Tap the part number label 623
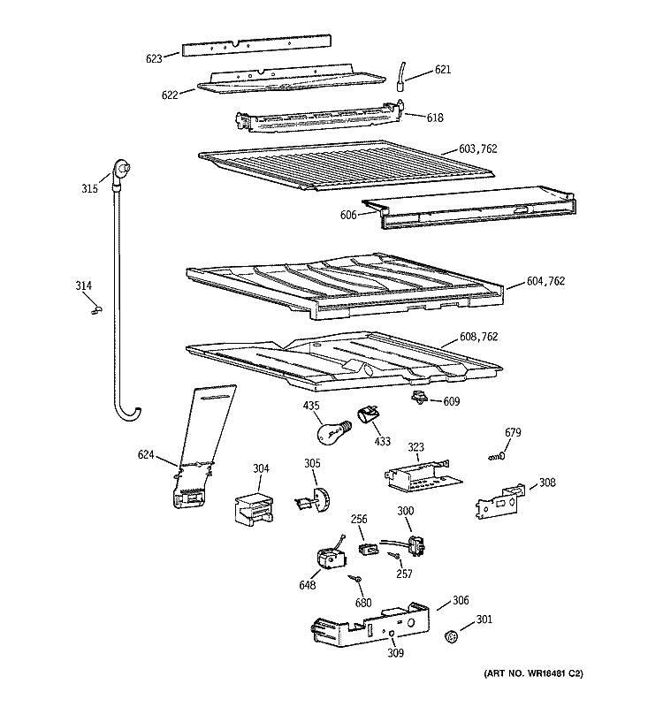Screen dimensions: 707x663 (154, 59)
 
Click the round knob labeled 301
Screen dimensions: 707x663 (453, 636)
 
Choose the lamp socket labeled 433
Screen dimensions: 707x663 (367, 414)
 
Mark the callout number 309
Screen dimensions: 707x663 (396, 653)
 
